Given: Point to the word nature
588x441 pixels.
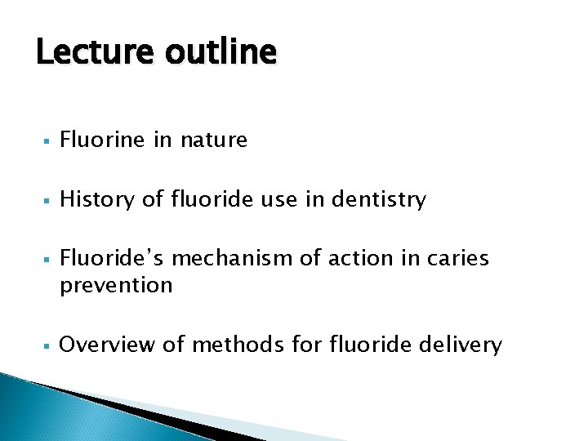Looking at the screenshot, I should coord(213,140).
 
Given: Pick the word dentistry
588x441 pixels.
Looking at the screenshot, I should coord(379,199).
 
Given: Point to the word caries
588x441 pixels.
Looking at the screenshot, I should coord(459,258).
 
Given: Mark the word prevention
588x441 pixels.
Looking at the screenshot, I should coord(116,285).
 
